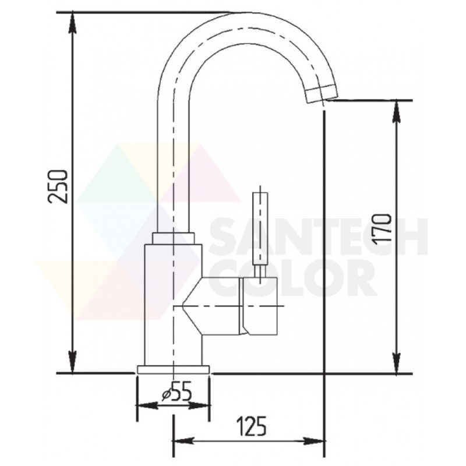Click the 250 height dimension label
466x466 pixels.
point(58,186)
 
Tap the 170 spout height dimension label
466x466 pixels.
point(383,229)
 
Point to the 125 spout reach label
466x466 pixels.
point(252,426)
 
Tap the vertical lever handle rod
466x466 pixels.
point(260,229)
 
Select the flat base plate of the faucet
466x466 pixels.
point(173,369)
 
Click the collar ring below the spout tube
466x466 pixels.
point(174,238)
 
